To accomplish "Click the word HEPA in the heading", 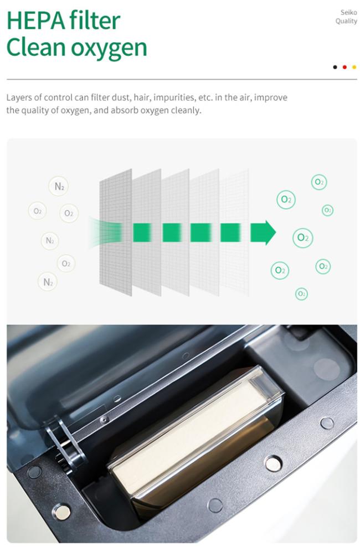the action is tap(35, 20).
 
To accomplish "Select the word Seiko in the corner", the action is tap(349, 12).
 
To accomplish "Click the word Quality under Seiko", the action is tap(346, 21).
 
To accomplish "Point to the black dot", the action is tap(335, 67).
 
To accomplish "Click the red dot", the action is tap(344, 67).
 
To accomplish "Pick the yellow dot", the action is tap(354, 67).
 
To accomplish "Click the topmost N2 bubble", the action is tap(58, 186).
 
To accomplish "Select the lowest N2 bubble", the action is tap(48, 281).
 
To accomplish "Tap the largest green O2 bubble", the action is tap(303, 238).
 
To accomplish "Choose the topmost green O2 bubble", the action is tap(319, 182).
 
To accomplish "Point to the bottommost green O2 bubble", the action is tap(301, 294).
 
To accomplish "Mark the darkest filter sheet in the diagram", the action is tap(115, 233).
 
